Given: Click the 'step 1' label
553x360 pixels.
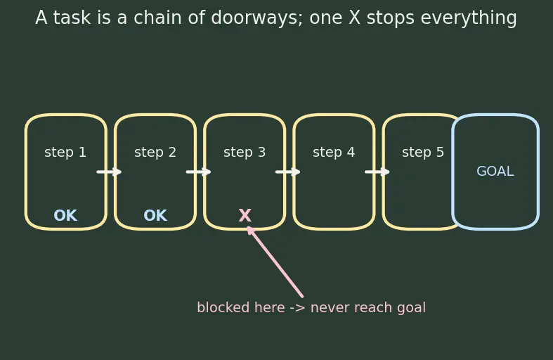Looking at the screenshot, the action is tap(65, 153).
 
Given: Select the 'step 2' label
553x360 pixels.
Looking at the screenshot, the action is tap(155, 153).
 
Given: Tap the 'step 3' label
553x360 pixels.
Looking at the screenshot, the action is tap(245, 153).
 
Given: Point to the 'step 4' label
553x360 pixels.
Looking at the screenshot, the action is tap(334, 153).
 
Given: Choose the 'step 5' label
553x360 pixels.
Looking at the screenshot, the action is tap(423, 153).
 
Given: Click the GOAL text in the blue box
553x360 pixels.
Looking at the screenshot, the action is tap(495, 172).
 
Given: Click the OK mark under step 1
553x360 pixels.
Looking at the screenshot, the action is tap(65, 215).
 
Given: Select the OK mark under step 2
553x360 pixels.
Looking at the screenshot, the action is tap(155, 215).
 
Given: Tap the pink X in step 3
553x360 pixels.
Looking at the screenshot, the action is tap(245, 215).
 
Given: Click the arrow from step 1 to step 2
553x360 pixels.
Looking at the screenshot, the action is tap(110, 172).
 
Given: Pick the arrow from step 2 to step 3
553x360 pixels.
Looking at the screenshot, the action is tap(199, 172).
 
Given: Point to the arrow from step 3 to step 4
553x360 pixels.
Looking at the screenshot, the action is tap(288, 172).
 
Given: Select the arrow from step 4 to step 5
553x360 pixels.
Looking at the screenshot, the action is tap(377, 172).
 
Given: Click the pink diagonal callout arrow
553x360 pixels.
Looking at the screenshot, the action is tap(275, 262).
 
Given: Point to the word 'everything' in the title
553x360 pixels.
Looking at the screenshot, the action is tap(469, 18).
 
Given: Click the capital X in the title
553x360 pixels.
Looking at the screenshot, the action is tap(354, 18).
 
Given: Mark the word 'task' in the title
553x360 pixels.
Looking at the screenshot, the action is tap(72, 18).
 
